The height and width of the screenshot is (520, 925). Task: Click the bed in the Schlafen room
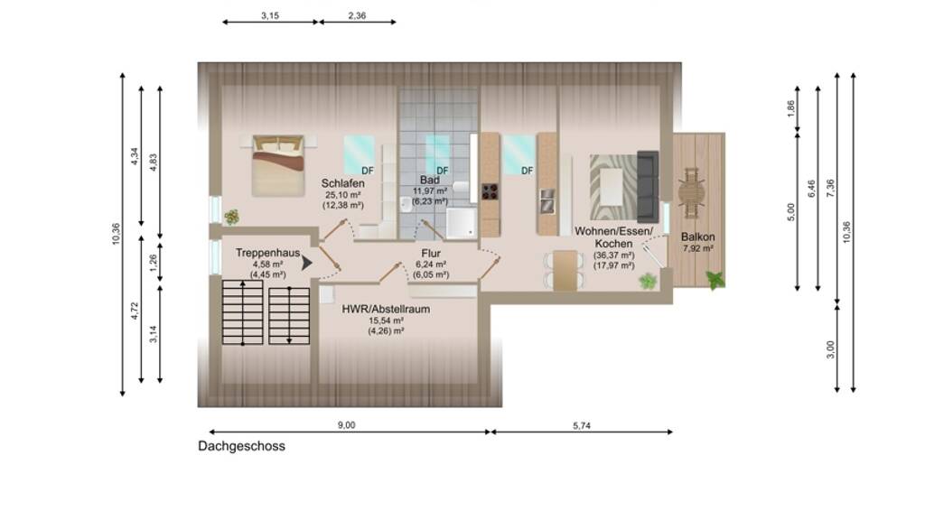[278, 166]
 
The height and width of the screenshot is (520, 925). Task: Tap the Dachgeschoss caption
[241, 446]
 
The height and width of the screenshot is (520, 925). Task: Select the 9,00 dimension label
[346, 425]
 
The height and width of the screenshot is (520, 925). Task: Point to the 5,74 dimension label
[581, 425]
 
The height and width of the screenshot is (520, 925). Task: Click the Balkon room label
[698, 237]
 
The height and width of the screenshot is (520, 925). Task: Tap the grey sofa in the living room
[648, 186]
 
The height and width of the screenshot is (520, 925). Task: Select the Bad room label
[429, 180]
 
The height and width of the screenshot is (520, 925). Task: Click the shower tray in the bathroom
[461, 224]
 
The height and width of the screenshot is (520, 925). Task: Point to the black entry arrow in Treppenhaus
[307, 263]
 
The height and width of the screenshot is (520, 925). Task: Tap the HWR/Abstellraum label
[386, 309]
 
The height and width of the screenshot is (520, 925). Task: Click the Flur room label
[431, 254]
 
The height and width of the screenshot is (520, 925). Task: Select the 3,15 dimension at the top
[270, 16]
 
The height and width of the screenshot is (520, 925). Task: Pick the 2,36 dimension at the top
[357, 16]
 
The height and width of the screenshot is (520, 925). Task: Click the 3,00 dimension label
[831, 349]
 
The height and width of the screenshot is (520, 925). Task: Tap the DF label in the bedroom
[368, 171]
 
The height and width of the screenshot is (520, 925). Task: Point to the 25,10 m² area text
[342, 195]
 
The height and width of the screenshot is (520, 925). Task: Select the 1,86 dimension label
[791, 108]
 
